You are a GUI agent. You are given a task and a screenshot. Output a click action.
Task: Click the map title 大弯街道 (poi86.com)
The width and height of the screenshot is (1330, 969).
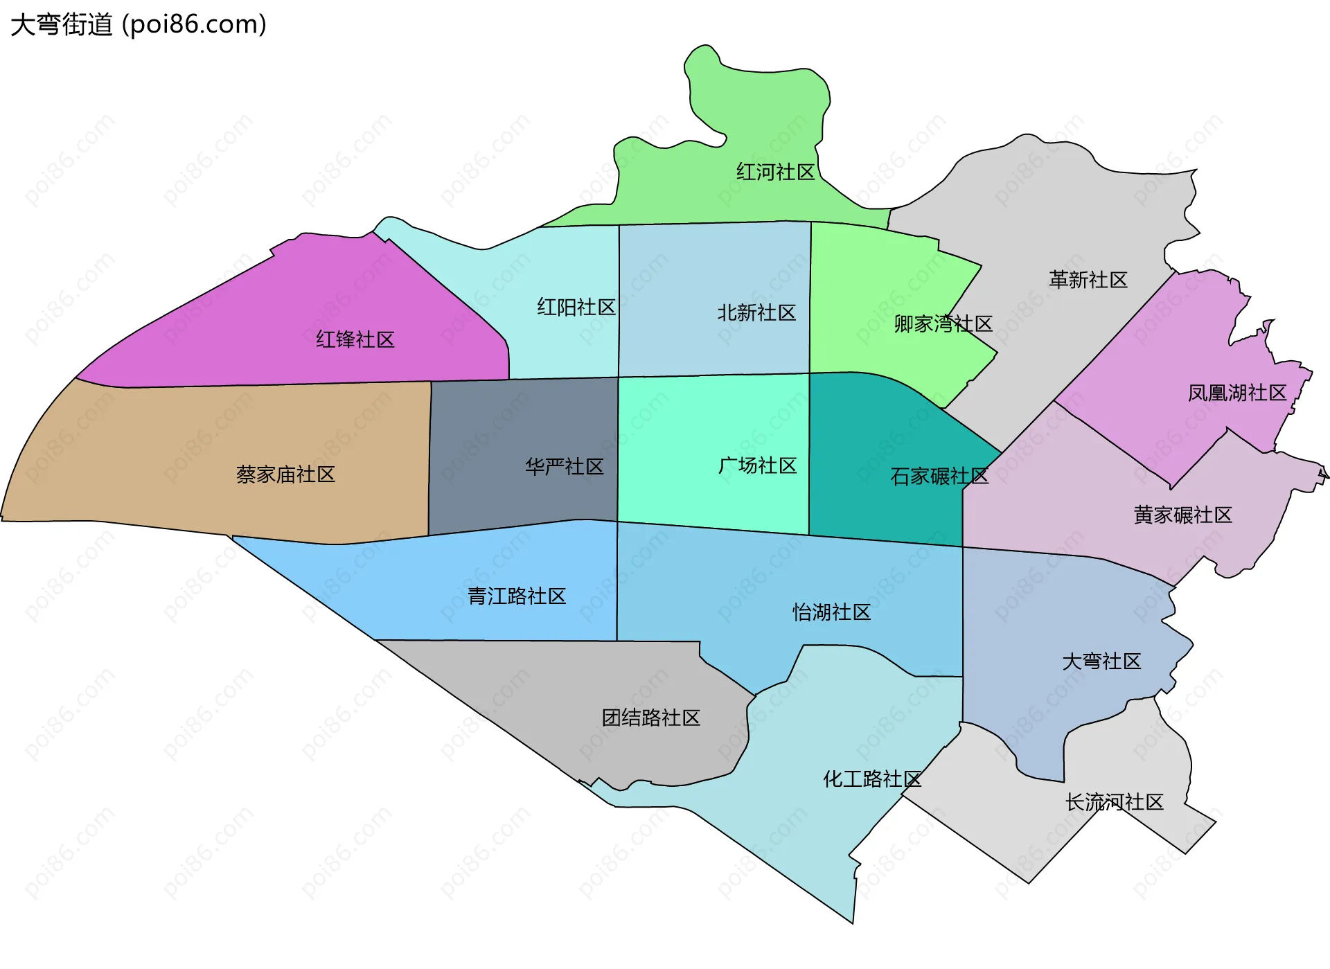(139, 25)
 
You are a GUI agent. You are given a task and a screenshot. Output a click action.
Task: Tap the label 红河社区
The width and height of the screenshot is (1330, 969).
(775, 172)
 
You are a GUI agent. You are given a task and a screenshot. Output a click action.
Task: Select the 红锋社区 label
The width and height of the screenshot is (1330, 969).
(355, 339)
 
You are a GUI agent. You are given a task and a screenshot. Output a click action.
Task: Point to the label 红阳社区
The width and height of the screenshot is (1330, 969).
(576, 307)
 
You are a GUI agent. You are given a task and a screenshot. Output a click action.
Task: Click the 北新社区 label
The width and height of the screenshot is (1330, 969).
(756, 312)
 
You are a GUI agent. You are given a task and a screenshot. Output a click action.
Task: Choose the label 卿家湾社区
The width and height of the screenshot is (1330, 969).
(943, 323)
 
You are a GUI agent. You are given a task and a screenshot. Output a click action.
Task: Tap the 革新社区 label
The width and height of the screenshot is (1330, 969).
(1088, 280)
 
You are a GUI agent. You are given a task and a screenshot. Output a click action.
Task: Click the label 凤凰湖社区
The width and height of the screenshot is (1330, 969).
(1237, 393)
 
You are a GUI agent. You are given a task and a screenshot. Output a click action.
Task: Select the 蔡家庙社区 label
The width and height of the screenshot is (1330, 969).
(285, 474)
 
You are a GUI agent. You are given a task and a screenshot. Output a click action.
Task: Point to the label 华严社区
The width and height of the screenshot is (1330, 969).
(564, 466)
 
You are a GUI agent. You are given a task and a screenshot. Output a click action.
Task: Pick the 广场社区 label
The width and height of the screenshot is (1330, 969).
(757, 465)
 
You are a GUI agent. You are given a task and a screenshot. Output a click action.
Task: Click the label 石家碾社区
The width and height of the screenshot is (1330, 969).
(939, 476)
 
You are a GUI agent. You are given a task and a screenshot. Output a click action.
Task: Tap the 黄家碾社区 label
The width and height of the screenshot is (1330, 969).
(1183, 515)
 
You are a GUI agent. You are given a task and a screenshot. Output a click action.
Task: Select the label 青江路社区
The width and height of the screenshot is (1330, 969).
(517, 596)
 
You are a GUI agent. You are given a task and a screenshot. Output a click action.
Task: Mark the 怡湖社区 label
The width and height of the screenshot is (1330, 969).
(831, 612)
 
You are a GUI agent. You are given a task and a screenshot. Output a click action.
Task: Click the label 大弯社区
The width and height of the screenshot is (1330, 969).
(1101, 661)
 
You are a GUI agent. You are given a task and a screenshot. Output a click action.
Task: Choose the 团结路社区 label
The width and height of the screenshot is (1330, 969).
(651, 717)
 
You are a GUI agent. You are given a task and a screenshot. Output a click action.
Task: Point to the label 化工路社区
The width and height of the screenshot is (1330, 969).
(872, 779)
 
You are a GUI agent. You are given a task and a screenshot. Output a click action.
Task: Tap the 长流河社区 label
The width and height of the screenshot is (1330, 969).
(1115, 802)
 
